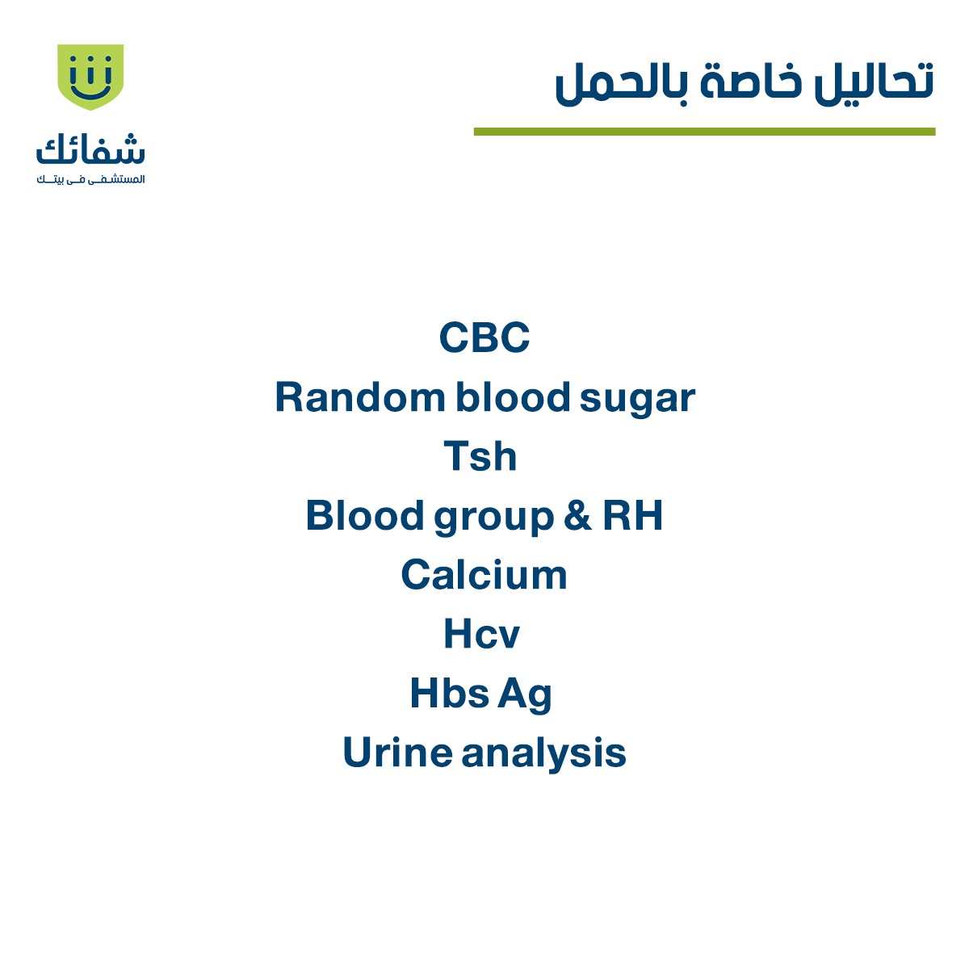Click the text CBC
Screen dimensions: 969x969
(484, 338)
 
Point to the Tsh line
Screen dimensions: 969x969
(480, 456)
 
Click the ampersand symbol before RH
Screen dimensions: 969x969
(577, 516)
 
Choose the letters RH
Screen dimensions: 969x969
(633, 516)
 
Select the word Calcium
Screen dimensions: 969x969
(484, 575)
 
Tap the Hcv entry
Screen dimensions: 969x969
(481, 634)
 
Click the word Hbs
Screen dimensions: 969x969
(449, 693)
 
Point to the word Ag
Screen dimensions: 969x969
(525, 694)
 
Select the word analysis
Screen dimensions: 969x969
(544, 754)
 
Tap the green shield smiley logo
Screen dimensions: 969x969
(90, 76)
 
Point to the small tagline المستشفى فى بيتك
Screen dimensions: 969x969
(90, 179)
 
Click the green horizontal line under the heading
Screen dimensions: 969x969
(704, 132)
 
